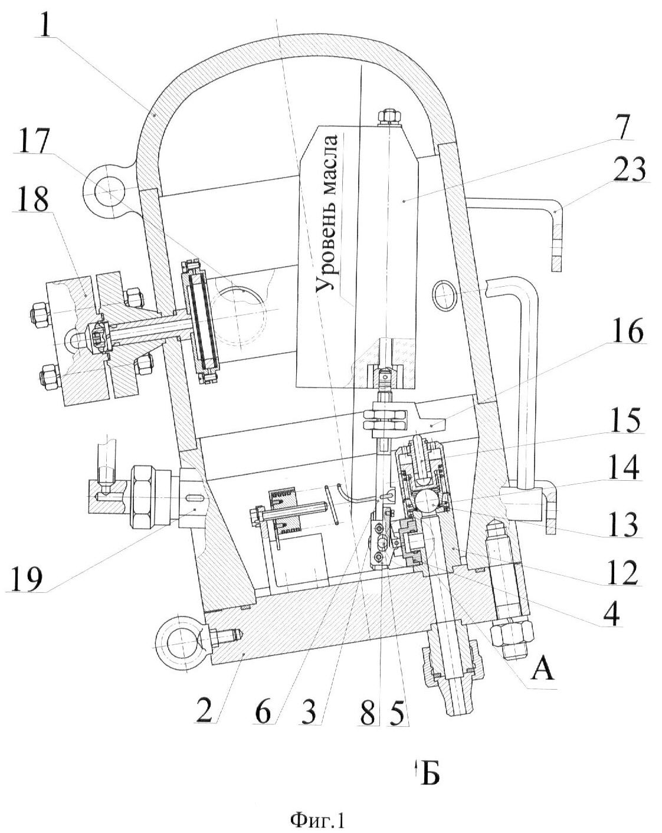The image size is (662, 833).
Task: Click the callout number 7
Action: pos(626,127)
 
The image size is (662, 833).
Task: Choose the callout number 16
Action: pos(627,330)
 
